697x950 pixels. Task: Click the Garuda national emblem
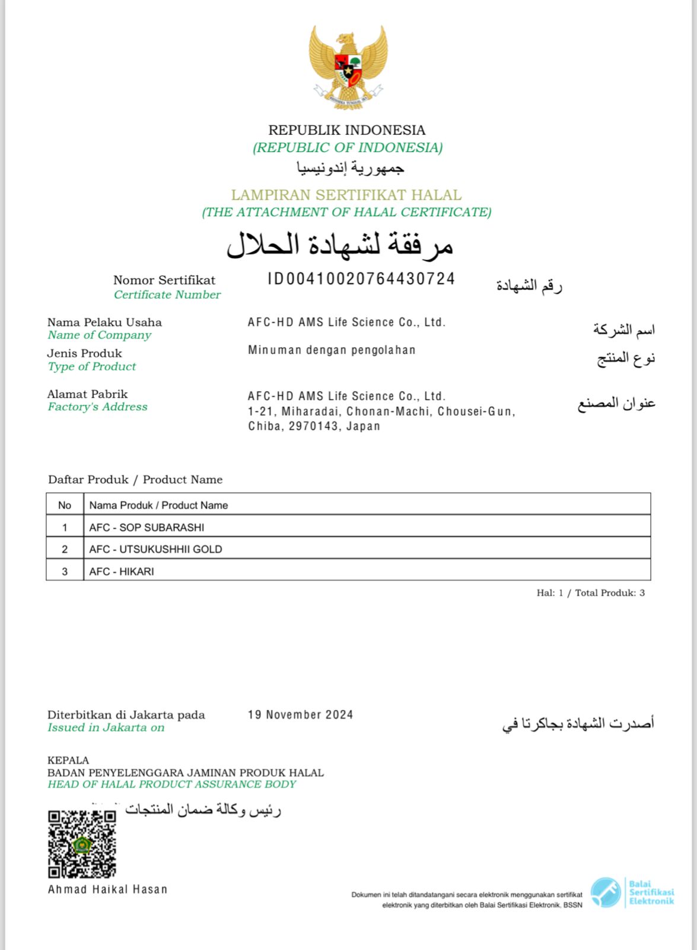(x=348, y=66)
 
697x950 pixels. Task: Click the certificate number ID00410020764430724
(x=361, y=279)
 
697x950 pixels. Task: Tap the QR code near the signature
(x=82, y=844)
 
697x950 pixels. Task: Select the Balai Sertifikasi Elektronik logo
(x=632, y=892)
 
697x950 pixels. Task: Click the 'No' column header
(x=65, y=505)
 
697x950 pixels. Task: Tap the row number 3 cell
(x=65, y=571)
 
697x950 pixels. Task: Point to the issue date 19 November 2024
(x=300, y=715)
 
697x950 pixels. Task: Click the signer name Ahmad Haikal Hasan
(x=107, y=889)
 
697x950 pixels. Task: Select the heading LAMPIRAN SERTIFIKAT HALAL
(x=346, y=195)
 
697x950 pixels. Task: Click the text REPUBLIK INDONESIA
(x=347, y=130)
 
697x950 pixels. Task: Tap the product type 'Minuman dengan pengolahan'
(x=332, y=350)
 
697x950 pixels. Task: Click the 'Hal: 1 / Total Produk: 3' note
(x=590, y=593)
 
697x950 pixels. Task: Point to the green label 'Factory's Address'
(x=97, y=407)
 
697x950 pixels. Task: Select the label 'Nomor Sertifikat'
(x=164, y=280)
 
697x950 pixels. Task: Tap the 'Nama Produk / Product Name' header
(x=158, y=505)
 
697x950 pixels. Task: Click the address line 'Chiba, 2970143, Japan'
(x=314, y=426)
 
